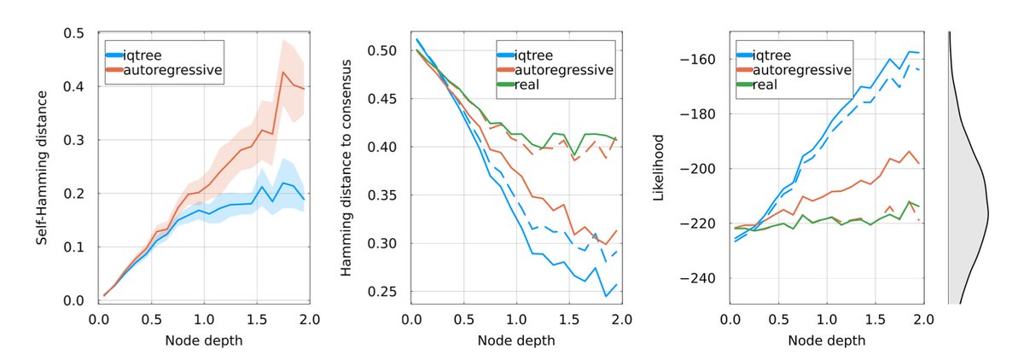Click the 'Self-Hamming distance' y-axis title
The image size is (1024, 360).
point(41,167)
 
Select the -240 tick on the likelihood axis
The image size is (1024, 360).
point(696,279)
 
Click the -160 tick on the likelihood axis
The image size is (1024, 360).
point(696,60)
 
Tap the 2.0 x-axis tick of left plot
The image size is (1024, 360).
point(309,319)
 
